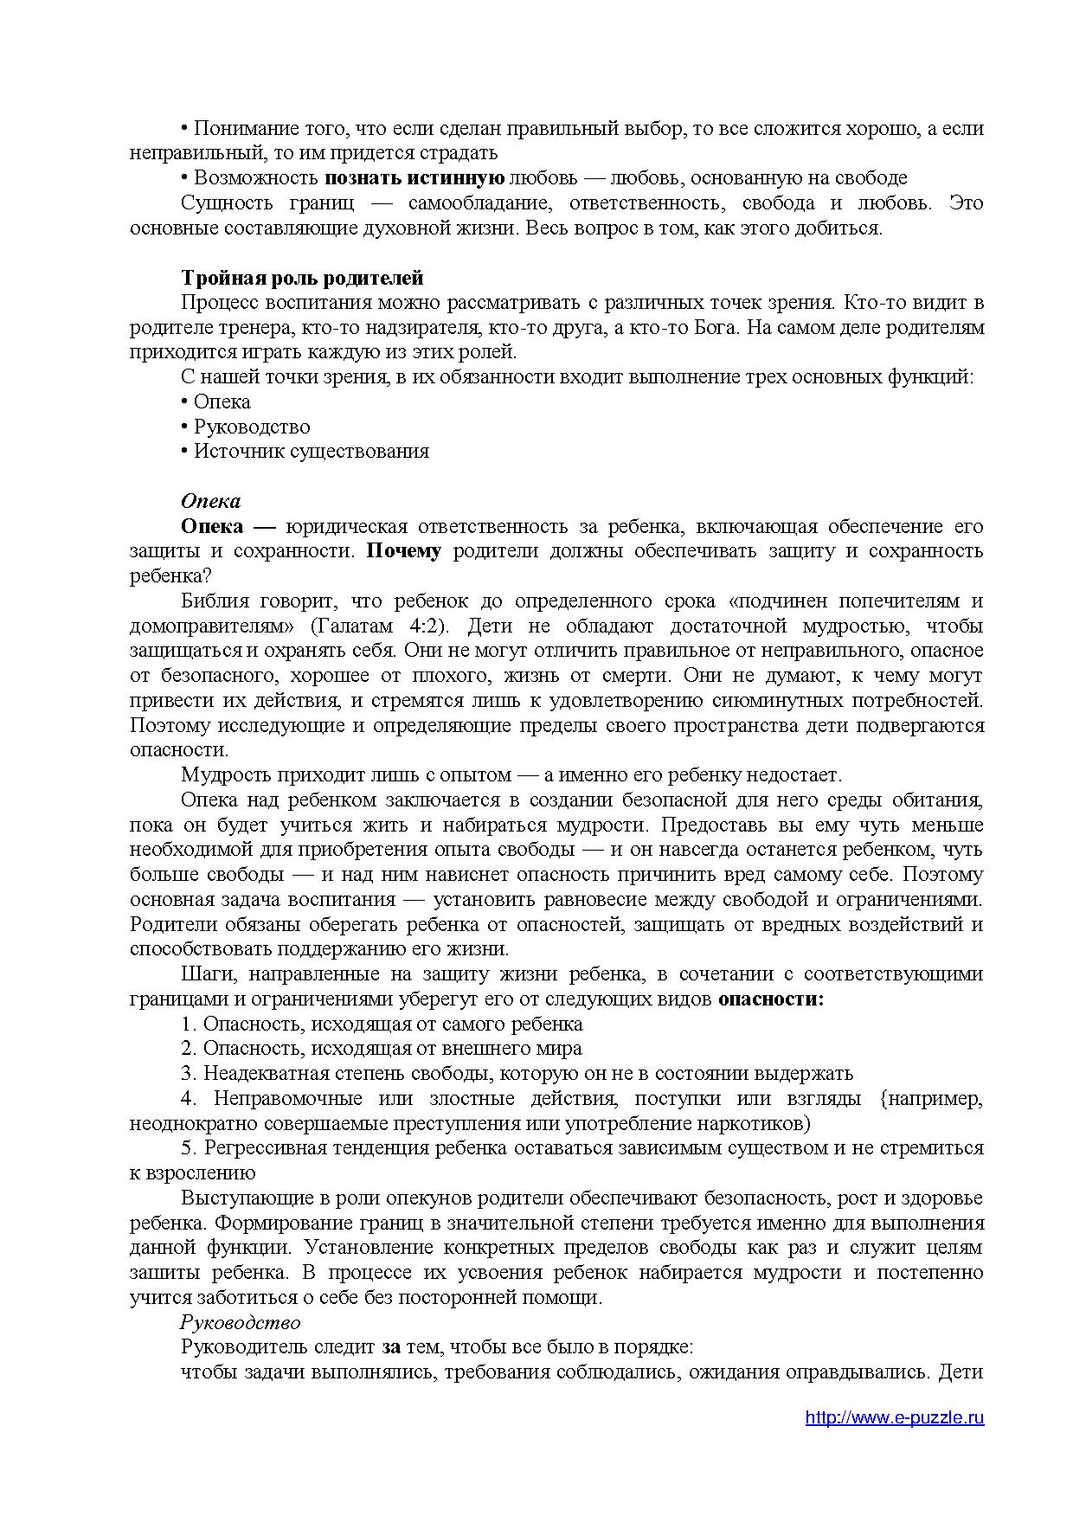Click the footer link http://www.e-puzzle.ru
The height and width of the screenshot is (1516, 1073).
pos(894,1417)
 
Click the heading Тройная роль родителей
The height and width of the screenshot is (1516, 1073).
pos(302,278)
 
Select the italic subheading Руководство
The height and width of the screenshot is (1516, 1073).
pos(240,1322)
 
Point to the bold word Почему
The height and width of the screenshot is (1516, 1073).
pos(404,551)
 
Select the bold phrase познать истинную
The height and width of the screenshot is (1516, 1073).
pos(414,178)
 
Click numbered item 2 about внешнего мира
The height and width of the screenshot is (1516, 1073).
pos(382,1049)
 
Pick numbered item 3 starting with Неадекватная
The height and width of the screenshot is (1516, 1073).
pos(517,1074)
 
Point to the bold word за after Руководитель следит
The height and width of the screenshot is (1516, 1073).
pos(391,1347)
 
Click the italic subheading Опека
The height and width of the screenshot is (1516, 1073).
pos(210,501)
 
